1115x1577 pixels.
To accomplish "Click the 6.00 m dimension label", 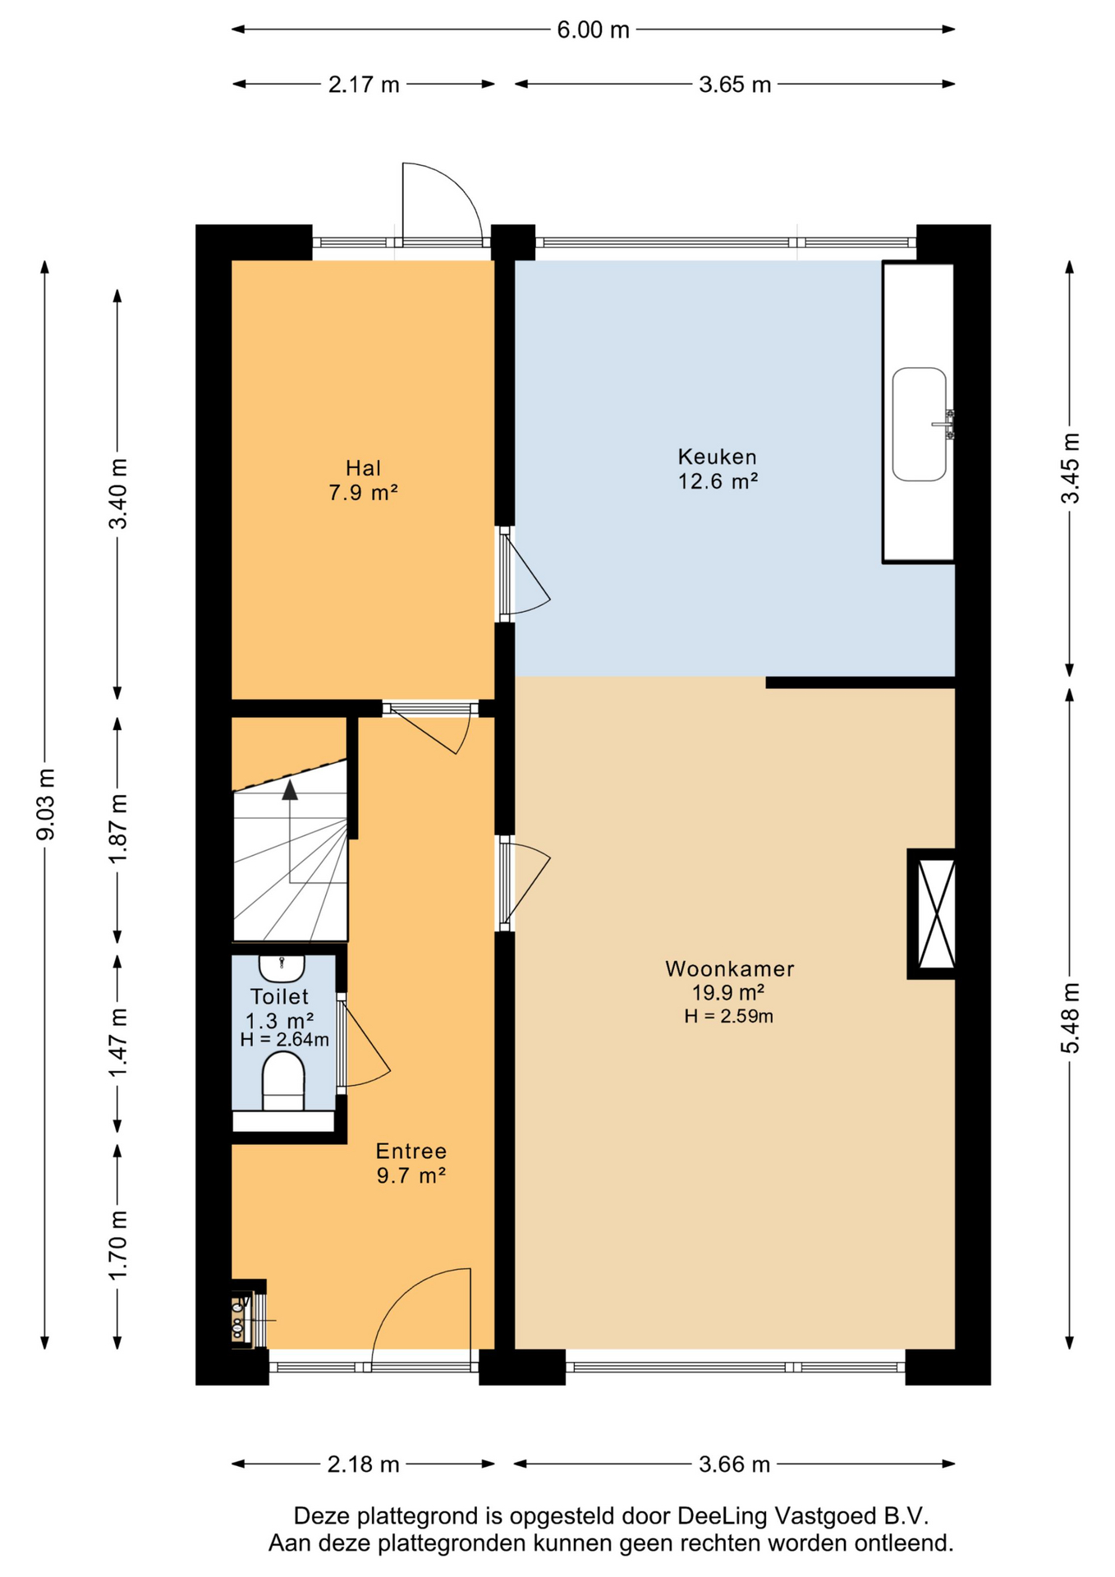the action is (x=593, y=30).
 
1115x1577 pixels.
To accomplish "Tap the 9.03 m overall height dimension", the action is (x=46, y=805).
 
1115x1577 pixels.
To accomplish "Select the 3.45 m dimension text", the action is (x=1070, y=468).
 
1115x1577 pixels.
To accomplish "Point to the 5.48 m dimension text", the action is (x=1070, y=1018).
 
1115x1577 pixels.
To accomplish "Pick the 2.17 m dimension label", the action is (x=364, y=85).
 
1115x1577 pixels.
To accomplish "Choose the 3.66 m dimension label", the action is (x=734, y=1464).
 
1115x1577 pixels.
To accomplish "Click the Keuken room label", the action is (x=717, y=457).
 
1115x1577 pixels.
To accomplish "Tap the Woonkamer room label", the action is (x=730, y=969).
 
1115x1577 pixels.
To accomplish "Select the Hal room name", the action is (x=363, y=468).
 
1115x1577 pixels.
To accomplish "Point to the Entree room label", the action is (x=411, y=1151).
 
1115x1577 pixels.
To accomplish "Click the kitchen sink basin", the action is (x=920, y=424).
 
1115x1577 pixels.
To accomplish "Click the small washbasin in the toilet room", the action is (x=282, y=968).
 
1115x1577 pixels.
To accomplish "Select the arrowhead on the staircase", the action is (x=290, y=790).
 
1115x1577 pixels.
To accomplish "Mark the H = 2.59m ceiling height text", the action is (x=729, y=1017).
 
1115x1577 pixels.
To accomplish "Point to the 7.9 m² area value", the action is (x=363, y=493).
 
